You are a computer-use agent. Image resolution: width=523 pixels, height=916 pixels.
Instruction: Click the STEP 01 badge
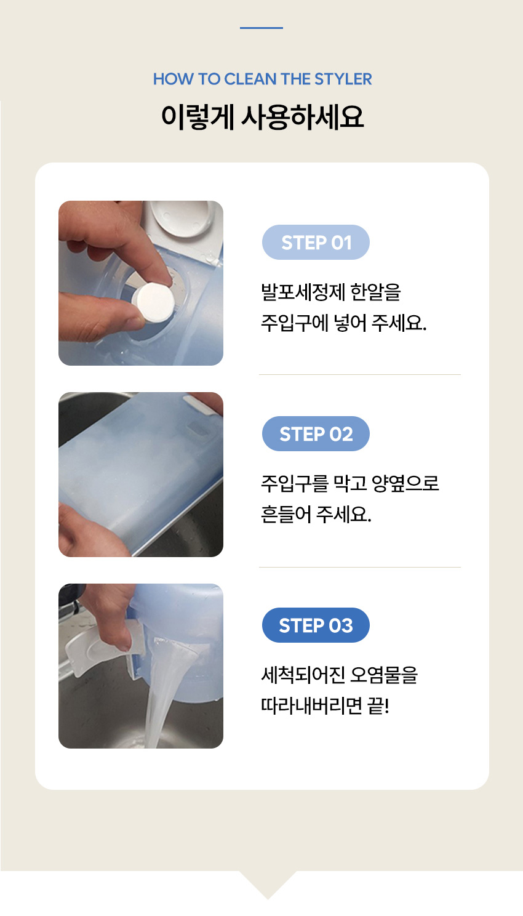coord(316,242)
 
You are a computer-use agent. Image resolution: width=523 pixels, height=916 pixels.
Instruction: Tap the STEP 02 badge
coord(316,433)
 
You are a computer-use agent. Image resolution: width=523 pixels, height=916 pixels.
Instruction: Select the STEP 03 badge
coord(316,625)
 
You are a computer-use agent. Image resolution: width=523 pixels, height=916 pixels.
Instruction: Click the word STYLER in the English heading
coord(343,79)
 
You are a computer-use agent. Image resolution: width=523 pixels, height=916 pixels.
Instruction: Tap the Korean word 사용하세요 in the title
coord(302,117)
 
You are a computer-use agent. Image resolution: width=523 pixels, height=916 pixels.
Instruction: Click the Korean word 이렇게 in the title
coord(198,117)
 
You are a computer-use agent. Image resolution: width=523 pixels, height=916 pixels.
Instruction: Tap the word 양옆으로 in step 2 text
coord(405,483)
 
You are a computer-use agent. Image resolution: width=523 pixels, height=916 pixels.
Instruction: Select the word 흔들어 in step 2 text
coord(286,515)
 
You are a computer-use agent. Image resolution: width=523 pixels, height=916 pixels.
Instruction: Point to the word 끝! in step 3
coord(378,706)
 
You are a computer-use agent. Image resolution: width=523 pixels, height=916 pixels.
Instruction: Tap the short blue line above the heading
coord(261,28)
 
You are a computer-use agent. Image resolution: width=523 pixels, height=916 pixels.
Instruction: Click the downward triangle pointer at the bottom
coord(268,884)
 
